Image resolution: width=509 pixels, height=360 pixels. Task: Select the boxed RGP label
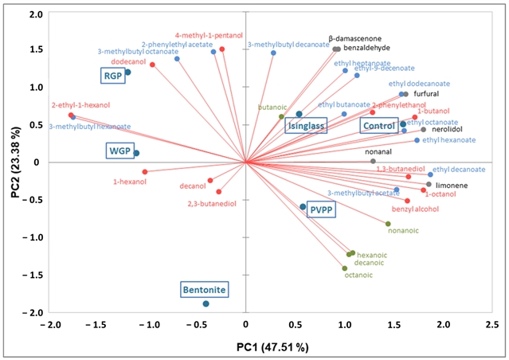pyautogui.click(x=111, y=76)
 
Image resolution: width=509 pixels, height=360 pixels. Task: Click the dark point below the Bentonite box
pyautogui.click(x=206, y=303)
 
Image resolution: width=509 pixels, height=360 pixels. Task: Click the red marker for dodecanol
pyautogui.click(x=152, y=65)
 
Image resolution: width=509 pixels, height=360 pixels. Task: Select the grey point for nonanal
pyautogui.click(x=373, y=162)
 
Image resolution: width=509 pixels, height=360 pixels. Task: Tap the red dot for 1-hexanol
pyautogui.click(x=144, y=171)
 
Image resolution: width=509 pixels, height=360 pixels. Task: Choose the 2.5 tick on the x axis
pyautogui.click(x=492, y=325)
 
